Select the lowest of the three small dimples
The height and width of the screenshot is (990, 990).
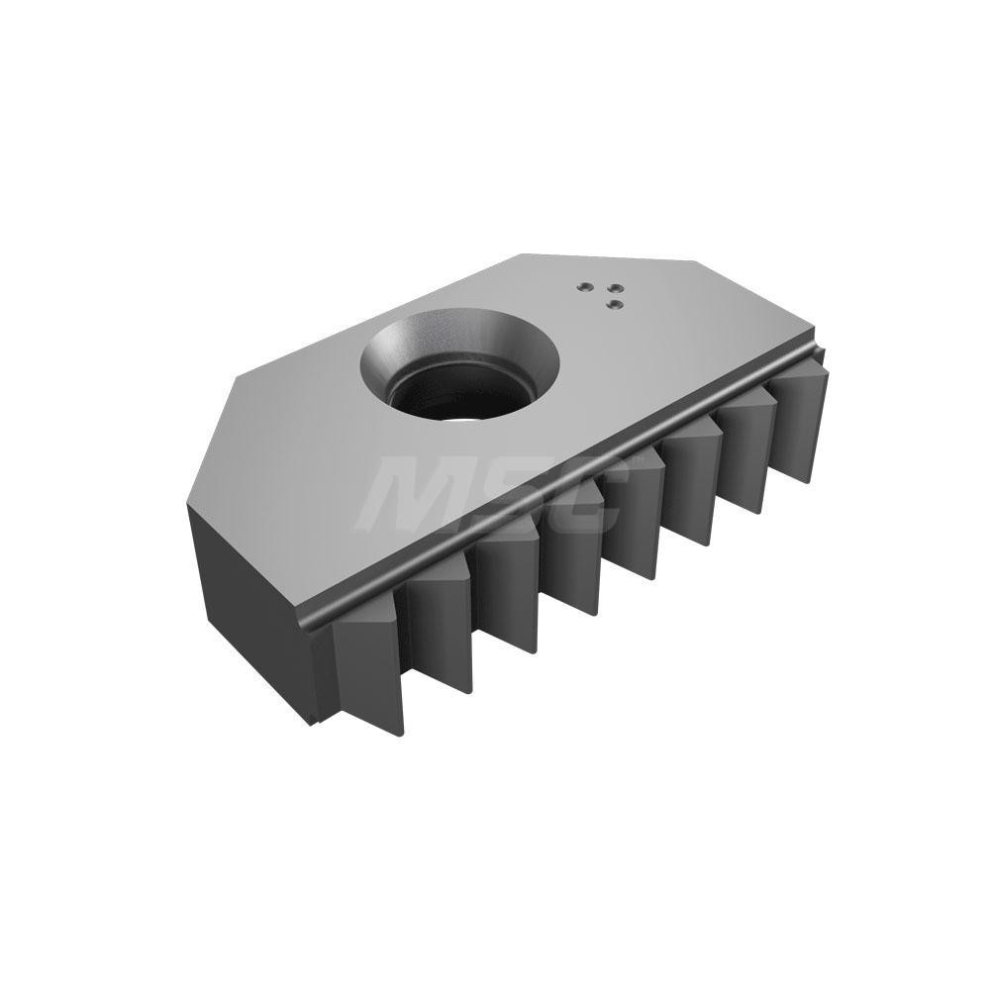pos(614,304)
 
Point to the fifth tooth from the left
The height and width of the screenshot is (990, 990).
pos(634,525)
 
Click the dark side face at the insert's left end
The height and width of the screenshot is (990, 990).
pos(247,604)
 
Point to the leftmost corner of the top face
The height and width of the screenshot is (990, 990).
pos(188,504)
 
